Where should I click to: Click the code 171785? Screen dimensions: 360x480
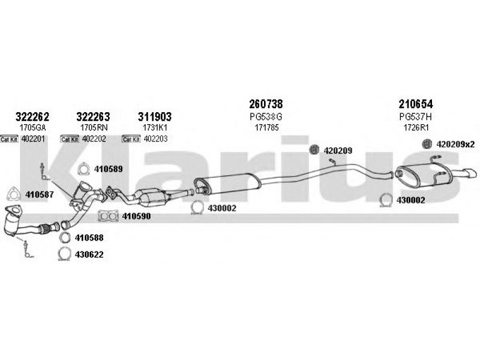[x=266, y=128]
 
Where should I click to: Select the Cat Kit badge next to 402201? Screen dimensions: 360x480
[x=10, y=139]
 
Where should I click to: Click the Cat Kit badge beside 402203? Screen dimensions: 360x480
[x=131, y=139]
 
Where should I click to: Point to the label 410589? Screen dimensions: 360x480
[x=108, y=169]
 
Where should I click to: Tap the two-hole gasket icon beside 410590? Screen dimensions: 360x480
[x=107, y=215]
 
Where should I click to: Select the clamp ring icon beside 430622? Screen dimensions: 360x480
[x=64, y=255]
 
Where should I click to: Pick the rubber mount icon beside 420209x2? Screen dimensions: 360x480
[x=427, y=144]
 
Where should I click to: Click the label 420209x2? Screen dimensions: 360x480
[x=455, y=144]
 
